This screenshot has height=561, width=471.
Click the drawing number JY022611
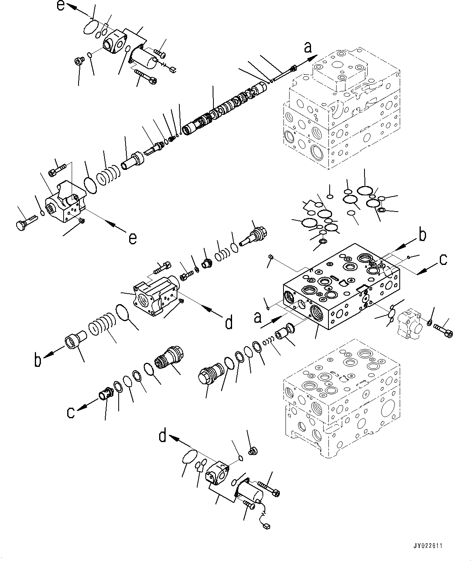(428, 546)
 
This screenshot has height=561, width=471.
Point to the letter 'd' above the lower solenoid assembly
(162, 436)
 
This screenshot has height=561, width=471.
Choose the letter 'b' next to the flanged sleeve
(38, 360)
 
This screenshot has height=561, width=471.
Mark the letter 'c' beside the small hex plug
(70, 413)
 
